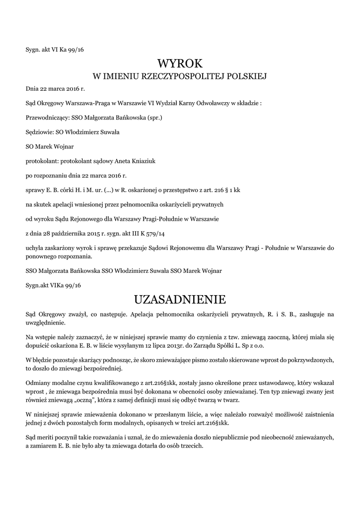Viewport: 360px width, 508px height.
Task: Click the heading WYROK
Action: click(180, 63)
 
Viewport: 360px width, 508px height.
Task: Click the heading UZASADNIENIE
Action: click(180, 299)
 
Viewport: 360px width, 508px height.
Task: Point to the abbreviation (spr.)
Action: click(152, 118)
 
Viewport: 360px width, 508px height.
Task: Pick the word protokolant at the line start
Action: click(41, 161)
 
